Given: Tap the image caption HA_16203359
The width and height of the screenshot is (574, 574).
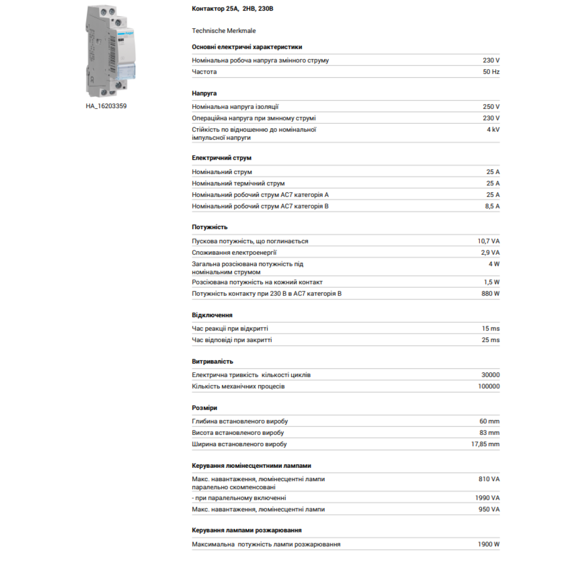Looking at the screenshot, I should click(106, 106).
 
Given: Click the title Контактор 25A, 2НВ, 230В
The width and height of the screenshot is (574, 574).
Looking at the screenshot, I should click(232, 9).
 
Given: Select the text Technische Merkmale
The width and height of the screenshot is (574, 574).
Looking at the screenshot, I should click(224, 31).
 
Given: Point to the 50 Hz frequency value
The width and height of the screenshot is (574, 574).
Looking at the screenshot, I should click(491, 72).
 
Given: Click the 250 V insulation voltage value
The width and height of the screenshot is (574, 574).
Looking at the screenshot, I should click(491, 107).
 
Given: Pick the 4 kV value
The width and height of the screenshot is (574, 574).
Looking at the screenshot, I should click(493, 130).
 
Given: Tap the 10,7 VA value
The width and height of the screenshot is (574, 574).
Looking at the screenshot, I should click(488, 241).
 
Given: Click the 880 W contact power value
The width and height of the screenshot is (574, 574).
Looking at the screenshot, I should click(490, 294).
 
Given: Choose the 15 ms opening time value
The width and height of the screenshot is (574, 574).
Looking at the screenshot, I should click(490, 329).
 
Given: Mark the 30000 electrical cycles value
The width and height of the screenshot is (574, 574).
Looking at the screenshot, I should click(490, 375).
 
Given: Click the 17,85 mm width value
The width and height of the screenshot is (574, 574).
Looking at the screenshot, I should click(485, 444).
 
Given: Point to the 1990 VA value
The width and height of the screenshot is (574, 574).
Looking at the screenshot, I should click(487, 498).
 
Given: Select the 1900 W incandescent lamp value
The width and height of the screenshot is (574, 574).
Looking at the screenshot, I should click(488, 544).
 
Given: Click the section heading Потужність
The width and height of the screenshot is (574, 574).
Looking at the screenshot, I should click(210, 227).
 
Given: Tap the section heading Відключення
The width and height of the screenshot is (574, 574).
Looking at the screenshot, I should click(212, 315).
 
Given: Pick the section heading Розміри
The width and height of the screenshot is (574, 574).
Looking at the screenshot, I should click(204, 408).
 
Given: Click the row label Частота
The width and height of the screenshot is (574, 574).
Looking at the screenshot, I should click(204, 72).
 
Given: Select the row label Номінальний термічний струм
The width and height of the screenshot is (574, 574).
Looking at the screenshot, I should click(238, 183).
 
